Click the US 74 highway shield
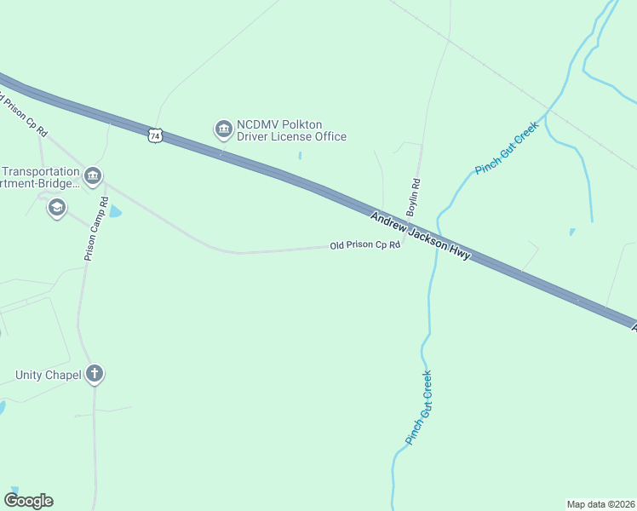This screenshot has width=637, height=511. pyautogui.click(x=154, y=135)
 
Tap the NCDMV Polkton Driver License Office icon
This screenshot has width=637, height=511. pyautogui.click(x=223, y=129)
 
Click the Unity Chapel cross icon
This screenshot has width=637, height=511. pyautogui.click(x=95, y=373)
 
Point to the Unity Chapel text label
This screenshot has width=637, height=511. pyautogui.click(x=48, y=375)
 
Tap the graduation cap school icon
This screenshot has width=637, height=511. pyautogui.click(x=56, y=206)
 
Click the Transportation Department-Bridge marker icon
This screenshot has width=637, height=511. pyautogui.click(x=93, y=176)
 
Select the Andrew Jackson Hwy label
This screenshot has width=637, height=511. pyautogui.click(x=420, y=236)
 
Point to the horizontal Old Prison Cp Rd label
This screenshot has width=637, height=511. pyautogui.click(x=364, y=245)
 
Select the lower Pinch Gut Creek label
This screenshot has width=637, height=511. pyautogui.click(x=418, y=407)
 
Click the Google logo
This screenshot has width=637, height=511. pyautogui.click(x=29, y=501)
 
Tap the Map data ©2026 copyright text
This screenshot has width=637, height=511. pyautogui.click(x=600, y=503)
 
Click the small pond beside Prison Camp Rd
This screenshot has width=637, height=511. pyautogui.click(x=115, y=211)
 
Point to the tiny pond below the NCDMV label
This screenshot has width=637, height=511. pyautogui.click(x=300, y=156)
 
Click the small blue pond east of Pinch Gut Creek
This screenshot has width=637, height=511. pyautogui.click(x=571, y=231)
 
